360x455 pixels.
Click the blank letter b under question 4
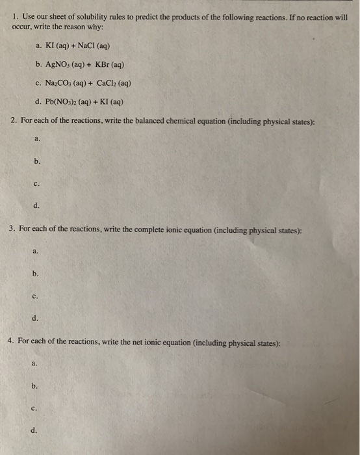(34, 385)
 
